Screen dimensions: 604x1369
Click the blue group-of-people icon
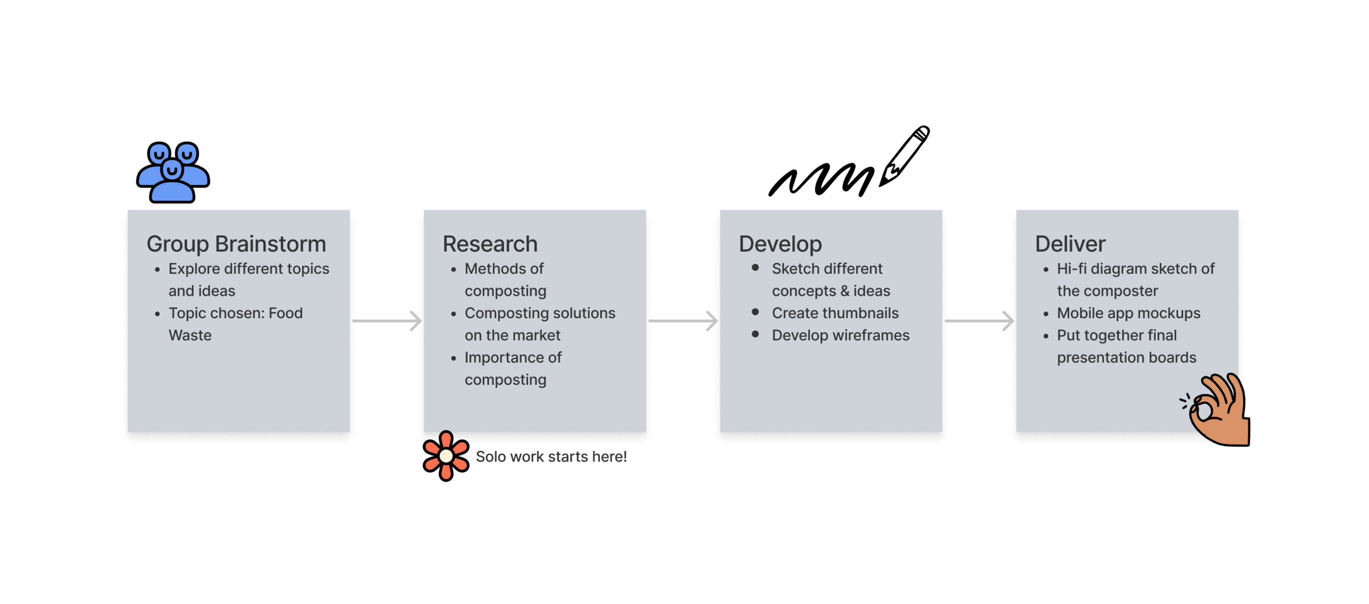point(172,172)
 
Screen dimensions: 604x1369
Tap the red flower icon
point(446,456)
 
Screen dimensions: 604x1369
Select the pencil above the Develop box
point(905,155)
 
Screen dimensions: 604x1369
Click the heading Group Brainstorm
point(236,244)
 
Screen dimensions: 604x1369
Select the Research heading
point(490,244)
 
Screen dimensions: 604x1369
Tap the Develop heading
point(780,244)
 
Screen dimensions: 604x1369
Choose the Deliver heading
point(1070,244)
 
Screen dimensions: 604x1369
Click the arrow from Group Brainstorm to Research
point(387,321)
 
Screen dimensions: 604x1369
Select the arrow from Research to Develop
point(683,321)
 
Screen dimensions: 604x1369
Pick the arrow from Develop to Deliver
point(979,321)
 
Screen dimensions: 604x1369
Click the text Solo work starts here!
point(551,457)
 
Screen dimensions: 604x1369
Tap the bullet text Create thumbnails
point(835,313)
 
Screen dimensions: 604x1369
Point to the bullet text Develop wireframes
point(841,335)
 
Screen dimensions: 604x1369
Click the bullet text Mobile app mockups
point(1129,313)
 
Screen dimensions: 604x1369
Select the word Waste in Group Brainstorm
point(190,335)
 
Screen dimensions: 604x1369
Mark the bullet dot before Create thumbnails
point(755,312)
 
